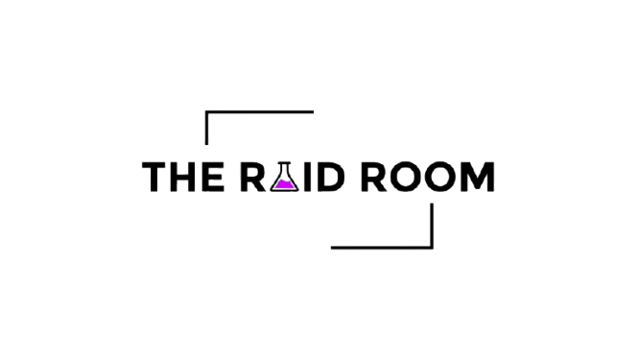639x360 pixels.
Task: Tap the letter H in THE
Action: pos(185,178)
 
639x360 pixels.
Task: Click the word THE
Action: pos(184,178)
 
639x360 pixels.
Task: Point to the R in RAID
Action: pos(248,178)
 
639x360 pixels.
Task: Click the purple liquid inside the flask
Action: pos(282,182)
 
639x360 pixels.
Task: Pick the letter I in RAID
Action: pos(306,178)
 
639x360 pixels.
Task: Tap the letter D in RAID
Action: pos(327,178)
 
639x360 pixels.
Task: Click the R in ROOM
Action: pos(369,178)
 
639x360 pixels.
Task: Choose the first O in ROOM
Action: pos(403,178)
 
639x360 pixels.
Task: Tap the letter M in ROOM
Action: pos(479,178)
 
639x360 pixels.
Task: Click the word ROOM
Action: pos(424,178)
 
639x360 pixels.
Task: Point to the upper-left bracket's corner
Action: pos(207,112)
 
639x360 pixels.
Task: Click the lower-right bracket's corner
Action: pos(433,248)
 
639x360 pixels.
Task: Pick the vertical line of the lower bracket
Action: pos(433,226)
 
